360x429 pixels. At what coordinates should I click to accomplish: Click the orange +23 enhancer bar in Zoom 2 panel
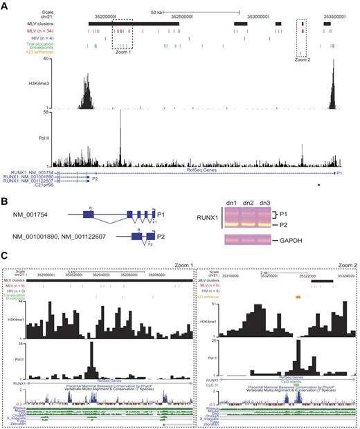click(298, 296)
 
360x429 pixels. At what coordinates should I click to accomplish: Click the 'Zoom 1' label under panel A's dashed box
click(127, 51)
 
